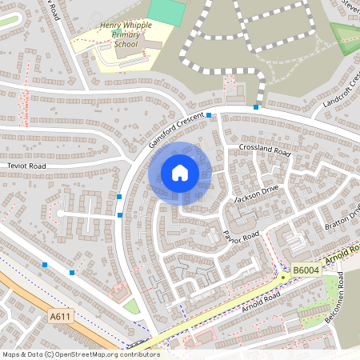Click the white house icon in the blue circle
pos(180,172)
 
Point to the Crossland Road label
pos(263,150)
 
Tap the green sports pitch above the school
pos(166,12)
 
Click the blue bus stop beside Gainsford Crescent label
pos(209,116)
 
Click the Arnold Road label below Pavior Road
pos(260,301)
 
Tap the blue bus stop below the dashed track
pos(256,106)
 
